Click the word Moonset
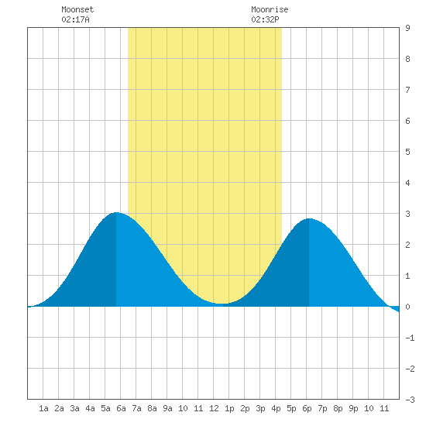click(77, 9)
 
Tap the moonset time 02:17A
click(75, 19)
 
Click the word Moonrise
click(270, 9)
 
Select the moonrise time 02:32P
click(265, 19)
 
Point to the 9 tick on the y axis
click(407, 28)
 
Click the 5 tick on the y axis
click(407, 152)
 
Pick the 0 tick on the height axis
click(407, 307)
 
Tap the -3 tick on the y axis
click(410, 400)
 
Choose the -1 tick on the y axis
click(410, 338)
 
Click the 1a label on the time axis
click(43, 408)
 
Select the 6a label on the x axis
click(121, 408)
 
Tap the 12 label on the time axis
click(214, 408)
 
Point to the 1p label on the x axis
click(229, 408)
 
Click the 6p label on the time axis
click(307, 408)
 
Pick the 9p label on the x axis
click(353, 408)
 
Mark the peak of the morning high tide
click(116, 212)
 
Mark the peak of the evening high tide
click(309, 218)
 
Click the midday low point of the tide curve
click(223, 304)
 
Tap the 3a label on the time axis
click(74, 408)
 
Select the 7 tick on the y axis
click(407, 90)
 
